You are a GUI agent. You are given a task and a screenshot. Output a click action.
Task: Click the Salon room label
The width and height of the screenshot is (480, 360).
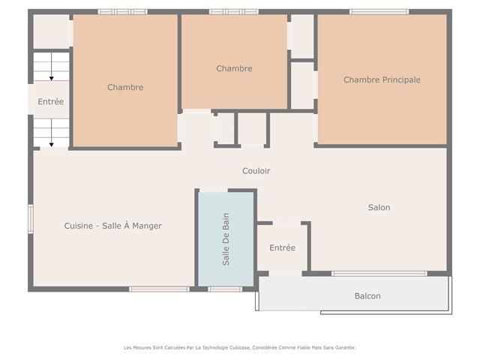click(x=379, y=207)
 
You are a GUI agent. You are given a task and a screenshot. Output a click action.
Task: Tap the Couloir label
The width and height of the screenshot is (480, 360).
click(x=256, y=171)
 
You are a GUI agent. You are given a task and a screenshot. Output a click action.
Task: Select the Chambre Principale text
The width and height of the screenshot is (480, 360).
click(x=382, y=79)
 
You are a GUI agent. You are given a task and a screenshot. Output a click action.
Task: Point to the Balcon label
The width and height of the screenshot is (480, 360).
click(x=367, y=296)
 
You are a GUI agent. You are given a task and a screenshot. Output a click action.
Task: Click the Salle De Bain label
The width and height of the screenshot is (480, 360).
click(x=226, y=239)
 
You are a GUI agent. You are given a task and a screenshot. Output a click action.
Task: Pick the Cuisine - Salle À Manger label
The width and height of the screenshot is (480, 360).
click(x=113, y=226)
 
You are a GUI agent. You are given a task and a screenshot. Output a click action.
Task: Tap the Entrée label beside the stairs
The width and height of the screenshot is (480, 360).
click(x=51, y=101)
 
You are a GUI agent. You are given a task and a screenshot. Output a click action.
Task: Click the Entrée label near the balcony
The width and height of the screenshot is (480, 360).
click(x=282, y=247)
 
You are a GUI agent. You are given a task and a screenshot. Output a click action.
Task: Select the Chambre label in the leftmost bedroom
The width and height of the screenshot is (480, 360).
click(x=125, y=87)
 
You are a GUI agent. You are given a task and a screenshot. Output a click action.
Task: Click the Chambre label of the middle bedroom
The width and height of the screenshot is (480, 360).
click(x=234, y=68)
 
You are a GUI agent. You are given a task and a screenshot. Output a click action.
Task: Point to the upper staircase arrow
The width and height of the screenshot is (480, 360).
click(x=52, y=67)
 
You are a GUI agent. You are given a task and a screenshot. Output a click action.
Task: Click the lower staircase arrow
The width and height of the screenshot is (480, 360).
click(x=52, y=133)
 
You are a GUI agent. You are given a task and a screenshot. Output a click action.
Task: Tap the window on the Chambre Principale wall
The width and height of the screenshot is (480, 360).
click(x=379, y=12)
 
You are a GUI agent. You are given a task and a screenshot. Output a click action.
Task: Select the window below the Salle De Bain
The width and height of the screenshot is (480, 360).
click(x=225, y=289)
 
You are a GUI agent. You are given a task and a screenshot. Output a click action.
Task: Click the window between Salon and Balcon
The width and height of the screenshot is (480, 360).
click(x=379, y=273)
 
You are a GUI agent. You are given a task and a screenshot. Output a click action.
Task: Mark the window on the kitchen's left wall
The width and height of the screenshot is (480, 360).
click(x=31, y=219)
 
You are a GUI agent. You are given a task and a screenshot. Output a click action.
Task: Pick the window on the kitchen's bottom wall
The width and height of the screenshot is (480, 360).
click(x=159, y=289)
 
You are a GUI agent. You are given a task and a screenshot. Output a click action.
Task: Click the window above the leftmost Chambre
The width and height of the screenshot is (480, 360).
click(x=123, y=12)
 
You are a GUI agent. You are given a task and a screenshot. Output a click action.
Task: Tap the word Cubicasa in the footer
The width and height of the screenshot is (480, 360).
click(x=240, y=348)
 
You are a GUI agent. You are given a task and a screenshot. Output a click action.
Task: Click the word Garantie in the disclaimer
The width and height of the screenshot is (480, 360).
click(x=345, y=348)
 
